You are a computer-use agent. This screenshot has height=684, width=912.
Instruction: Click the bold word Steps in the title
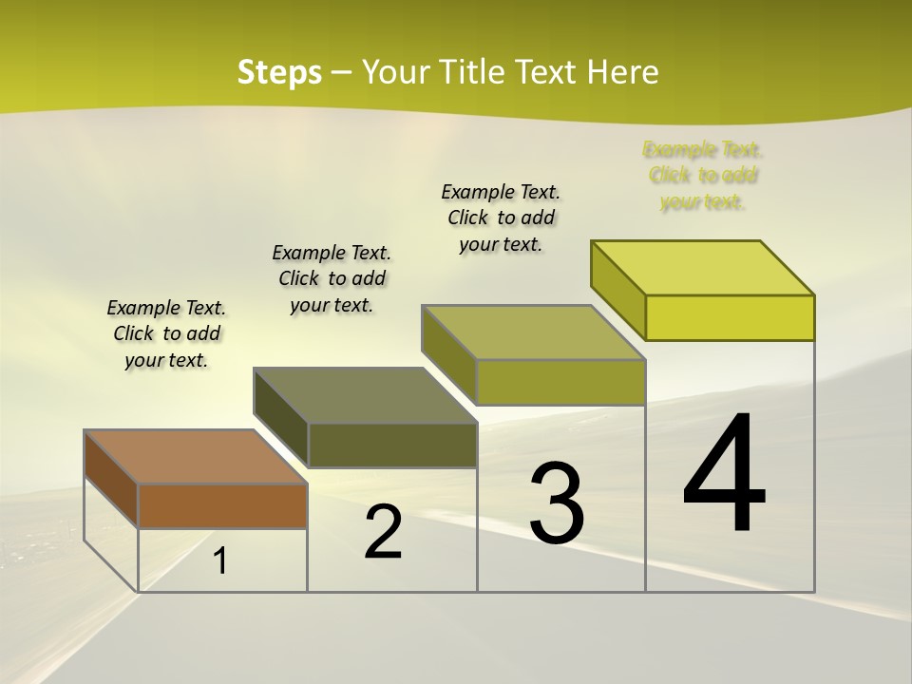click(279, 72)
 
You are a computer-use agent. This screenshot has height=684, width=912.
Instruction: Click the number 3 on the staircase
click(556, 503)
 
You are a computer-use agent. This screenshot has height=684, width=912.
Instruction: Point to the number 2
click(383, 532)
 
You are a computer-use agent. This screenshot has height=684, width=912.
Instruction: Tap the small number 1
click(220, 561)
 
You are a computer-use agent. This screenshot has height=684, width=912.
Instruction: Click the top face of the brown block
click(195, 456)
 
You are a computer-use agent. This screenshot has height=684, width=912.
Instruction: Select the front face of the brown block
click(222, 505)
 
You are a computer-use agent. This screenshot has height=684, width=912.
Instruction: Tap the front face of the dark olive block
click(391, 445)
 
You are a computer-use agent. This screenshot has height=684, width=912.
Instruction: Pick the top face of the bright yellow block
click(703, 267)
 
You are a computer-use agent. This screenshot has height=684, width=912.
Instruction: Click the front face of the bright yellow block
click(730, 317)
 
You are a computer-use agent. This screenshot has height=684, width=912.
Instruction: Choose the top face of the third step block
click(533, 332)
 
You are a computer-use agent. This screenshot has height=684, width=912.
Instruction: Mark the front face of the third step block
click(560, 382)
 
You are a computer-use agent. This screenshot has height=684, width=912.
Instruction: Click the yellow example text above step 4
click(703, 176)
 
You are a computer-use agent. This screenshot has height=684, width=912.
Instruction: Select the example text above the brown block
click(166, 333)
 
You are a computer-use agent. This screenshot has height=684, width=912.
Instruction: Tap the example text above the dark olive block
click(332, 278)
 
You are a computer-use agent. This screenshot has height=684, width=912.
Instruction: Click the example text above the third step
click(501, 218)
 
